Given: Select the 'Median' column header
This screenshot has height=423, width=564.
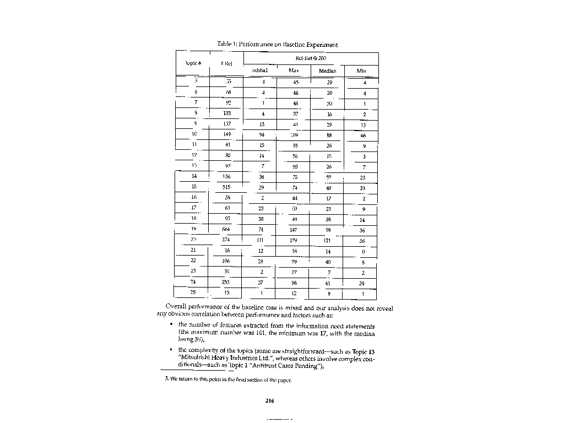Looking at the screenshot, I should [327, 71].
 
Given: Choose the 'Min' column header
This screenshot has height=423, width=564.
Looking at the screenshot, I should [361, 71].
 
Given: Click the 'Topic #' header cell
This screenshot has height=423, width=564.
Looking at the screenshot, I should [192, 63].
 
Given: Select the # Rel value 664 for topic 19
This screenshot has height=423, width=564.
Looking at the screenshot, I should [226, 229].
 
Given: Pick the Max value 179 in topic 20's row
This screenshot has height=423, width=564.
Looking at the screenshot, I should [294, 240].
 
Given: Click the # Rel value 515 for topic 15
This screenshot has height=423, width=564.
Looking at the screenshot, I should [226, 187].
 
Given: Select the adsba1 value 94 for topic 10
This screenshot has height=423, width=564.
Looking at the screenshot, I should [262, 134].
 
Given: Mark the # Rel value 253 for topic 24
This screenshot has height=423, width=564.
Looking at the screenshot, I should [226, 282].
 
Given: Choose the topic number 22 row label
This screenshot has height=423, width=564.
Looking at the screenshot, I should [193, 261].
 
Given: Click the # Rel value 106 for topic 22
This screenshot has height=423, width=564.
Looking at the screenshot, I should [226, 261].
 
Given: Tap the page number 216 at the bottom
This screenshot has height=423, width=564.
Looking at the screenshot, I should [269, 400].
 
